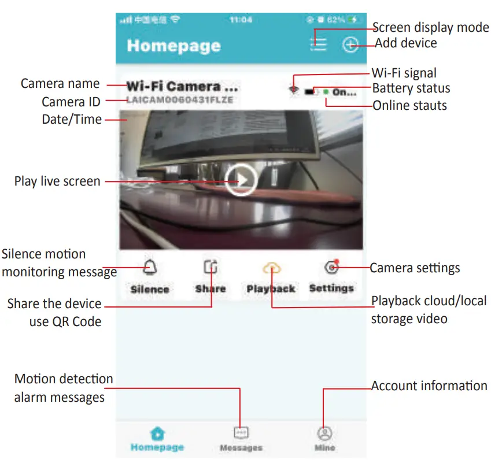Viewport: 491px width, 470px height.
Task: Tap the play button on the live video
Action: point(241,181)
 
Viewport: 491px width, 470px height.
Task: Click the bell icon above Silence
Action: point(150,267)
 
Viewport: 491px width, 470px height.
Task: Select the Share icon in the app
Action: point(211,267)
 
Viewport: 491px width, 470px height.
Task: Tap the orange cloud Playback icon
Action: point(271,267)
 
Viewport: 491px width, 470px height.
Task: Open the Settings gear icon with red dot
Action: point(331,267)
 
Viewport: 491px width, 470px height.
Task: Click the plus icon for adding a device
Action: point(350,45)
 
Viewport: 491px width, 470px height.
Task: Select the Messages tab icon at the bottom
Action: point(241,433)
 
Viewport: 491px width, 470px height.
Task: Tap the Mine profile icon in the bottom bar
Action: point(325,434)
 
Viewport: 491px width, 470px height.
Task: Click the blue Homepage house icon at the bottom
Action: point(157,434)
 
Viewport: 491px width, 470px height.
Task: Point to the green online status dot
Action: point(326,91)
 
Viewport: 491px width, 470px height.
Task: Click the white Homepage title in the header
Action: point(173,46)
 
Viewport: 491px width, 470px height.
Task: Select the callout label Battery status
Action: point(411,88)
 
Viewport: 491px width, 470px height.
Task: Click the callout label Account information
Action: point(429,386)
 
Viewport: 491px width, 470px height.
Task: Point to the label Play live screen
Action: point(57,181)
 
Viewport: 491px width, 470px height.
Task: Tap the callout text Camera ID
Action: point(71,102)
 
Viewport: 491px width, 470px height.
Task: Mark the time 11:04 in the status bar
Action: point(241,20)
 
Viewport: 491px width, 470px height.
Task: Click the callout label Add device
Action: point(406,43)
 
